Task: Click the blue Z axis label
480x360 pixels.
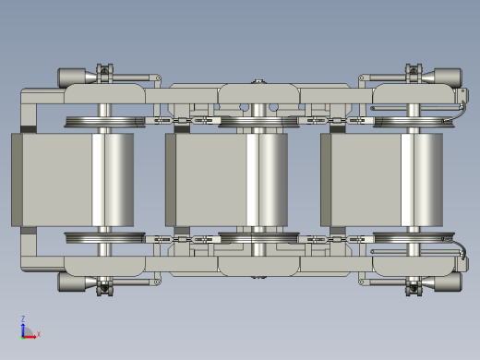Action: pyautogui.click(x=23, y=318)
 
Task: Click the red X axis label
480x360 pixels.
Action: pyautogui.click(x=39, y=334)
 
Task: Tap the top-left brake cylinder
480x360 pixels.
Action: pyautogui.click(x=72, y=77)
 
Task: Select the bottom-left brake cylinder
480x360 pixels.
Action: pyautogui.click(x=72, y=282)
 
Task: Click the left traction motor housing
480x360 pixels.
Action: pyautogui.click(x=73, y=180)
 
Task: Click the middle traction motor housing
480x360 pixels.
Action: pyautogui.click(x=227, y=180)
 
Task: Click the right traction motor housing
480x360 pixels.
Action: pyautogui.click(x=382, y=180)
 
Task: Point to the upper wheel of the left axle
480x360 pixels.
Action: pyautogui.click(x=104, y=122)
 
